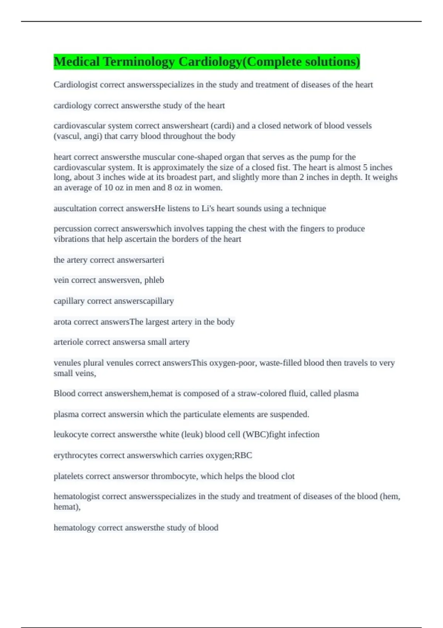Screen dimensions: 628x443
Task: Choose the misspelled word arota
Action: tap(62, 322)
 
